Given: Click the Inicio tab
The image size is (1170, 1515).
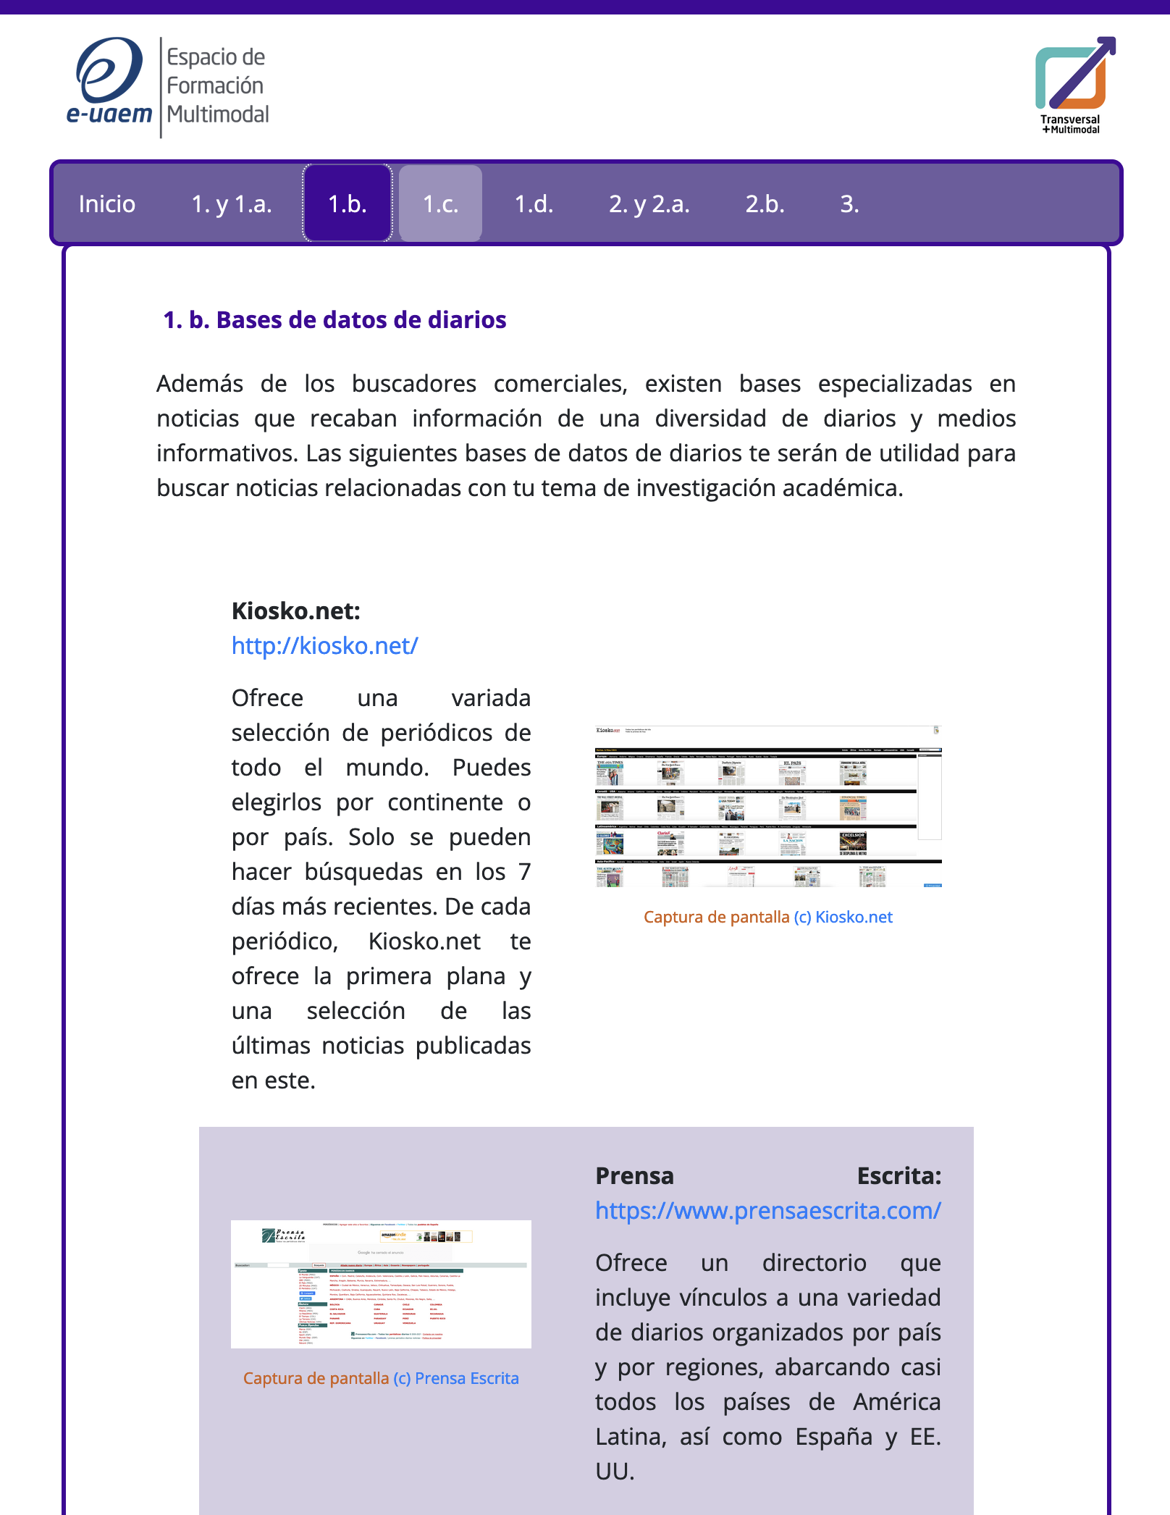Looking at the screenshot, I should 107,204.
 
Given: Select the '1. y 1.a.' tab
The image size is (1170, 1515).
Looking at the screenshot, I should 232,204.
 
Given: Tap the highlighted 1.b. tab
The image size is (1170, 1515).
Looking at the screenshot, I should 348,204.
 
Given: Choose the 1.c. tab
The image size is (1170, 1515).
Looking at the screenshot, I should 440,204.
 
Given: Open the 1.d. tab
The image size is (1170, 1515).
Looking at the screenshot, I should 534,204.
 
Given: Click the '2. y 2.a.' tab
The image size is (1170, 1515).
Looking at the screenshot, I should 649,204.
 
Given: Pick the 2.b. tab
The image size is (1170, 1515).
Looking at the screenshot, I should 765,204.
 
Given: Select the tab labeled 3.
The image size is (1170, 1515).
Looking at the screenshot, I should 849,204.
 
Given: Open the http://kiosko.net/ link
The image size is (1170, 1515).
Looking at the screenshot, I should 324,646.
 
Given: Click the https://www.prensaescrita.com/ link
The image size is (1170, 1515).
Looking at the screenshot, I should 767,1211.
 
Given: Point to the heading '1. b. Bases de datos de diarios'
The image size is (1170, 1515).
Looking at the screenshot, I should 334,320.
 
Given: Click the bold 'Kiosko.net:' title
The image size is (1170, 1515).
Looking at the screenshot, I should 295,611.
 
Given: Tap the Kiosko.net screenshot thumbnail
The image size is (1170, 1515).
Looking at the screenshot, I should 767,807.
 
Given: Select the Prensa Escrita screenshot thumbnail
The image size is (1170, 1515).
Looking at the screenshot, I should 381,1284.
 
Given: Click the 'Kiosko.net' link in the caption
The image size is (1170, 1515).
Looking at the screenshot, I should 854,918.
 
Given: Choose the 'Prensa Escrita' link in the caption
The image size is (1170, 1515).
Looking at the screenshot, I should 466,1379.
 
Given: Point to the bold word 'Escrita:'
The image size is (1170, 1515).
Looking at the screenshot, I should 898,1176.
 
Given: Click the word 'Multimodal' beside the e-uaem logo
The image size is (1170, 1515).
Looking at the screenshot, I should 218,114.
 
